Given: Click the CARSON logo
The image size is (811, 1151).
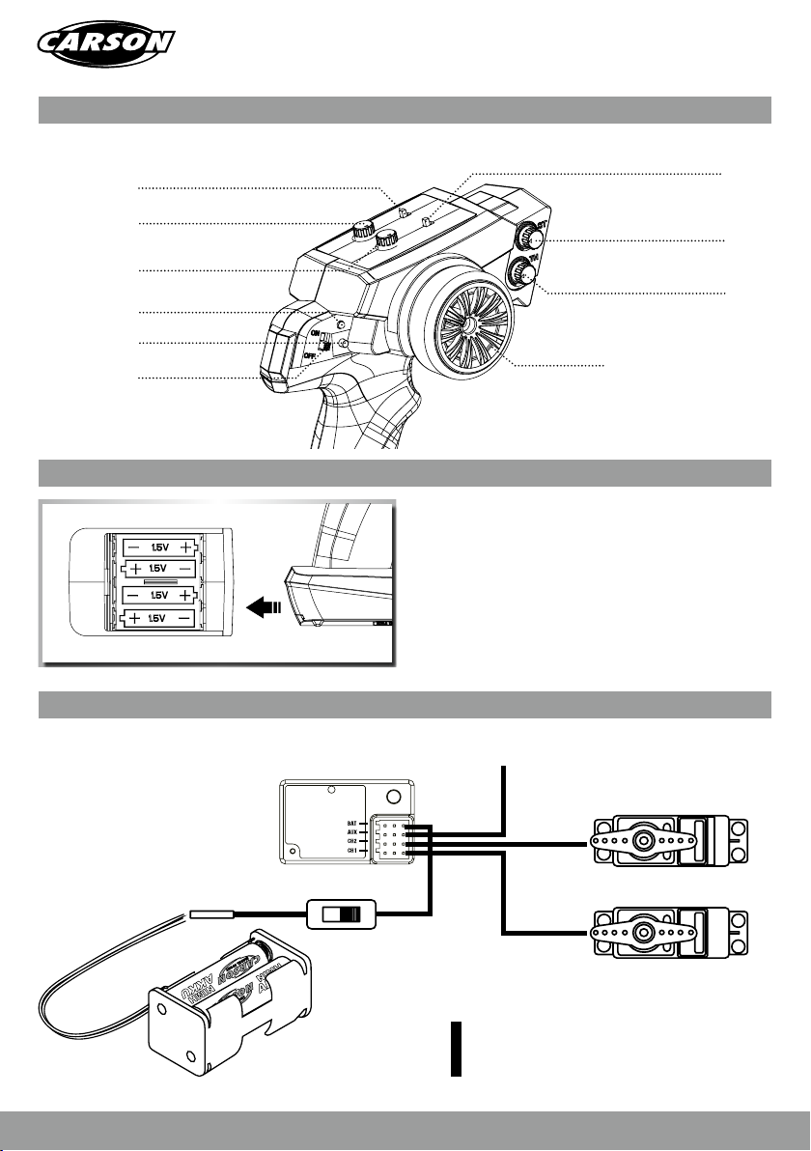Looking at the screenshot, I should point(106,43).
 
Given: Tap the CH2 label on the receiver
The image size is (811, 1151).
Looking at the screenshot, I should point(352,841).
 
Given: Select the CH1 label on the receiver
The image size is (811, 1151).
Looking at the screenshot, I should point(352,851).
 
